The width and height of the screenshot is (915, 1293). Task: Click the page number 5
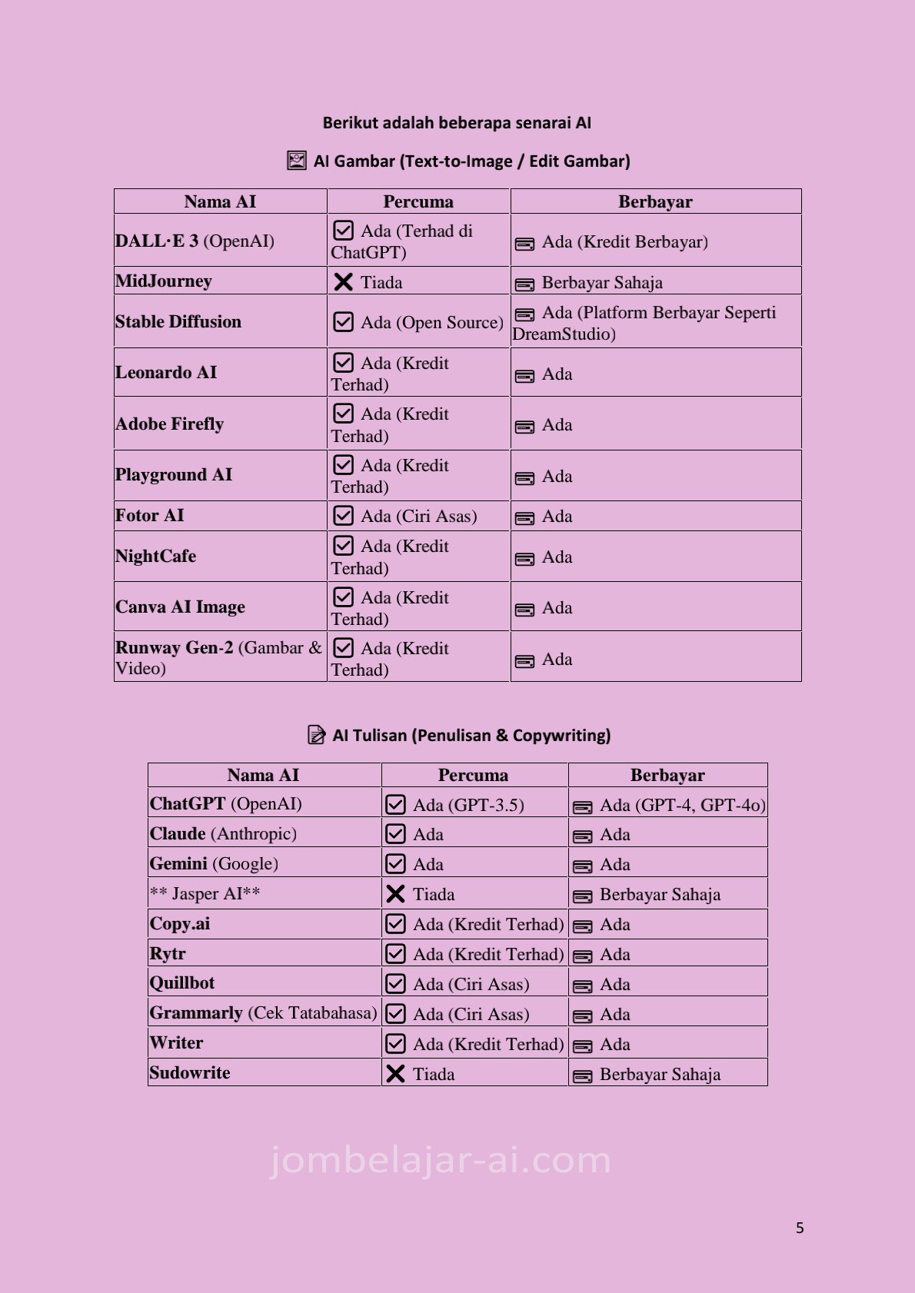pos(800,1228)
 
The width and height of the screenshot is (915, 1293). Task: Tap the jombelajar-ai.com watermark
pos(441,1160)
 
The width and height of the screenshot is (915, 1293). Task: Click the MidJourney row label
pos(164,281)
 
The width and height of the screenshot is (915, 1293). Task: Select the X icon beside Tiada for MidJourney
pos(343,282)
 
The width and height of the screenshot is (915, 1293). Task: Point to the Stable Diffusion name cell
pos(178,321)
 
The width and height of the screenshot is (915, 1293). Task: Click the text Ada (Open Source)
pos(431,322)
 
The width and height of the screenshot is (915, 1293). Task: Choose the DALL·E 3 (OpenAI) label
pos(195,241)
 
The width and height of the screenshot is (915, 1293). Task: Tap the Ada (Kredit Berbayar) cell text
pos(624,242)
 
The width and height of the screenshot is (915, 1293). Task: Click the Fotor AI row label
pos(150,515)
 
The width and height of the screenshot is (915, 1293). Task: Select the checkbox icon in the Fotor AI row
pos(343,516)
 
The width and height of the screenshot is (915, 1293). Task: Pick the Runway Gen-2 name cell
pos(218,657)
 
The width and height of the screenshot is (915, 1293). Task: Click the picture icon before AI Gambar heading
pos(296,161)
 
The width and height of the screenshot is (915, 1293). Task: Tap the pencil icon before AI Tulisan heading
pos(316,735)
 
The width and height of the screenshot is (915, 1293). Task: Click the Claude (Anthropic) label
pos(223,833)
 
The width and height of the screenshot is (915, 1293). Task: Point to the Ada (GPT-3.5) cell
pos(467,805)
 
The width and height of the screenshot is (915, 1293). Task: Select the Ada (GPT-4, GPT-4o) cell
pos(682,805)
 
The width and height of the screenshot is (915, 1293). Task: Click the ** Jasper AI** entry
pos(205,893)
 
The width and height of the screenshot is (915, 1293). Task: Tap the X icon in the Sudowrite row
pos(395,1074)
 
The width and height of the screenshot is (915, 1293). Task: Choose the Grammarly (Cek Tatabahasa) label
pos(263,1012)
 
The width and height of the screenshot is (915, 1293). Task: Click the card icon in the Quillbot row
pos(583,986)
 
